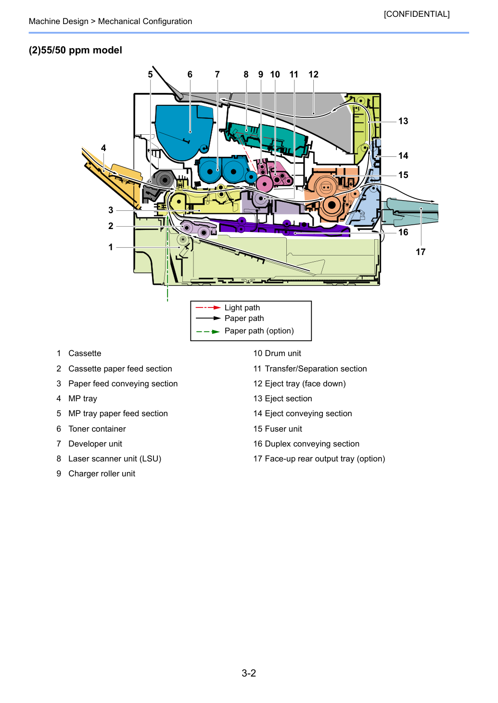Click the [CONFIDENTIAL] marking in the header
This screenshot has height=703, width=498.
click(416, 14)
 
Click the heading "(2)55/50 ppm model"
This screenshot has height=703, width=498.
click(76, 50)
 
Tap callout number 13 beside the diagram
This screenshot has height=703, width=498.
click(403, 121)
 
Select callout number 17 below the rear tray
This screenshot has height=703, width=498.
click(421, 252)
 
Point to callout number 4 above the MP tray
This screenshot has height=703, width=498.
click(103, 148)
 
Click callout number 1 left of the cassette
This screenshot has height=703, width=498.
click(111, 247)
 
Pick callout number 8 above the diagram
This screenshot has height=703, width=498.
click(246, 75)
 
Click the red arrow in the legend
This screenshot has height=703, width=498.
click(208, 307)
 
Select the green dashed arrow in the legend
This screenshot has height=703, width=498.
click(208, 332)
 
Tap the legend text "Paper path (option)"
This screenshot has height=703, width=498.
click(259, 331)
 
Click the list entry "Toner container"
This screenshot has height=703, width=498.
click(97, 429)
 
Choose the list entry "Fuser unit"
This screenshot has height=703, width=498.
click(283, 429)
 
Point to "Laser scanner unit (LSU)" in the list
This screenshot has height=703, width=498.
click(115, 459)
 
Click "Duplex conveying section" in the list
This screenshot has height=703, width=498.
click(312, 444)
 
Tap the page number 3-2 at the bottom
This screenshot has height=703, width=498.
click(249, 673)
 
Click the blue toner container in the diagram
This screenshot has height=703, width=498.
click(184, 132)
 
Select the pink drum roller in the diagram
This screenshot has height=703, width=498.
click(265, 184)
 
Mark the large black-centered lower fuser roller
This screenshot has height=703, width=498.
click(332, 205)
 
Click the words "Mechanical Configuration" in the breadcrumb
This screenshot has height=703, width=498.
click(145, 21)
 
